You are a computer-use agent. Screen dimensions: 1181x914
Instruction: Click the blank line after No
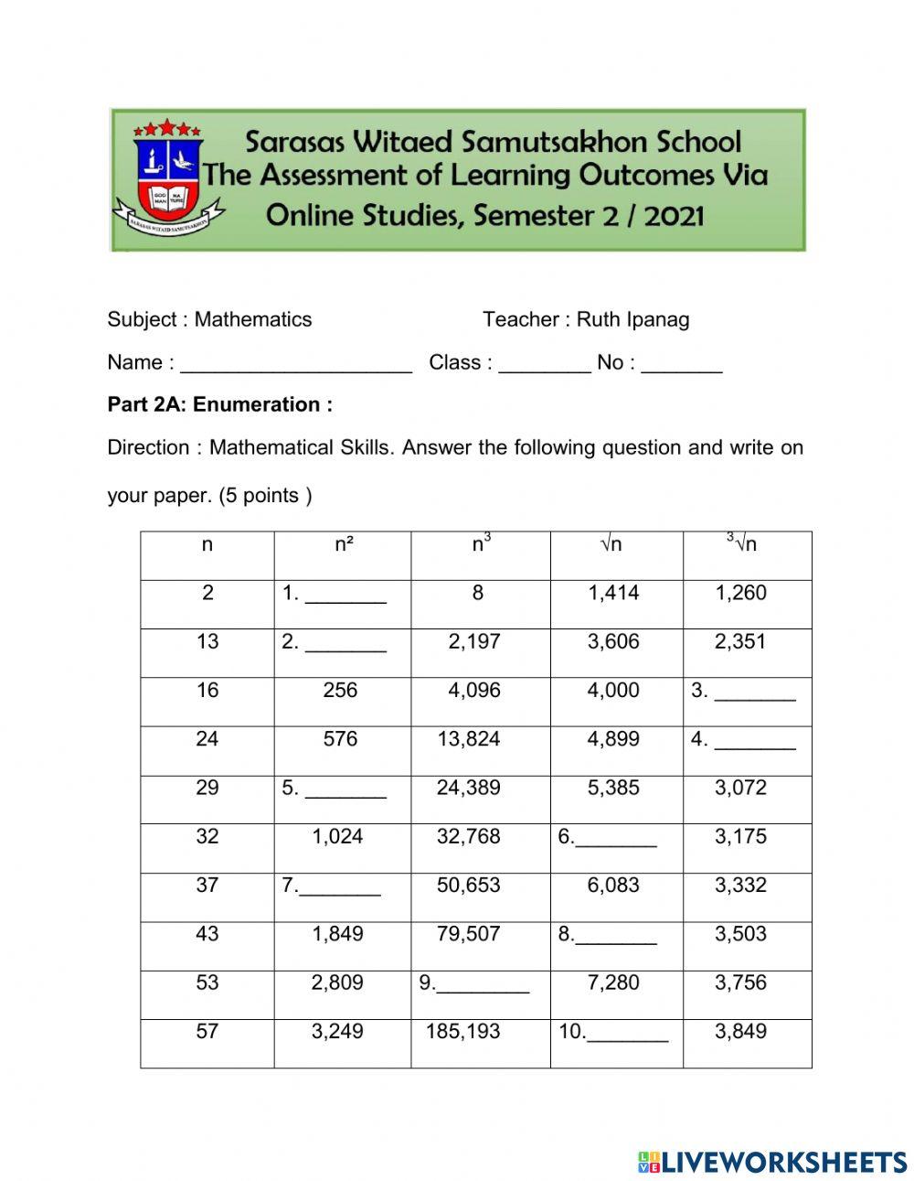tap(682, 365)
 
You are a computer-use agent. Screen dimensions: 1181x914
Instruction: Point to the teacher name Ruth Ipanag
tap(632, 319)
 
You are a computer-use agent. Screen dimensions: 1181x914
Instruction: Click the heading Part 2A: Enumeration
tap(219, 404)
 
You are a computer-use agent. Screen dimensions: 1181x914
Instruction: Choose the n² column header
tap(344, 545)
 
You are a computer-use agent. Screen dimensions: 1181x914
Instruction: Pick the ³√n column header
tap(742, 544)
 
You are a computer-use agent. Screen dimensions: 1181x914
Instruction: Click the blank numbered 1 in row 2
tap(345, 596)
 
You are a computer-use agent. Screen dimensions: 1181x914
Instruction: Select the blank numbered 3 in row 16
tap(755, 693)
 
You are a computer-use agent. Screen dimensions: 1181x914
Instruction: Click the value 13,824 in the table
tap(469, 739)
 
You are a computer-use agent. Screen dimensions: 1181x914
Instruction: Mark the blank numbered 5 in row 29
tap(345, 790)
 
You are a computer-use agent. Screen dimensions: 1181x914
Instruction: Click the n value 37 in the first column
tap(207, 886)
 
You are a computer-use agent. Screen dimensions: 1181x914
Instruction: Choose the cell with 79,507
tap(469, 934)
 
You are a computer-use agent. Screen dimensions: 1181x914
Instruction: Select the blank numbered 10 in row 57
tap(627, 1035)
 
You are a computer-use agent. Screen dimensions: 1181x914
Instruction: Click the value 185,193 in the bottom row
tap(463, 1032)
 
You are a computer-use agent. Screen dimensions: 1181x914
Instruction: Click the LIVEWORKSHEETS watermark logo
tap(772, 1162)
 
